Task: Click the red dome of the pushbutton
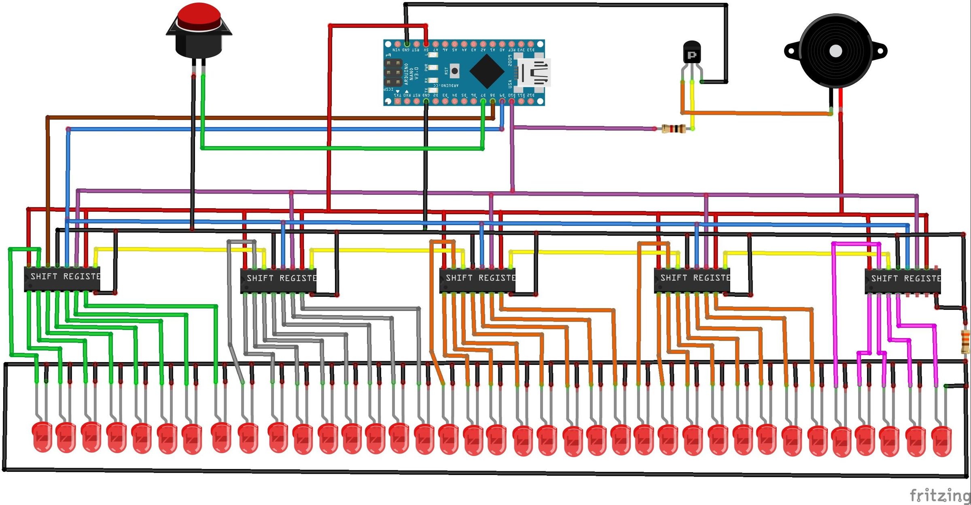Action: [199, 16]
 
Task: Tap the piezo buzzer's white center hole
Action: [836, 51]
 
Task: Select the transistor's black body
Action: [691, 53]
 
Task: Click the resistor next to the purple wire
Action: [674, 129]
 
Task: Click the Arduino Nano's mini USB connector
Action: [535, 73]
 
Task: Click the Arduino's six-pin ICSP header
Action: [393, 73]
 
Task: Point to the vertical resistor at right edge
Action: [965, 341]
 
